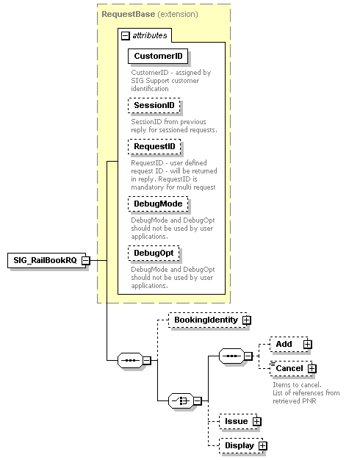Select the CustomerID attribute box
[x=158, y=56]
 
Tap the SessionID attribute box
[x=154, y=106]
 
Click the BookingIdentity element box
[x=206, y=320]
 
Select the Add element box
[x=284, y=344]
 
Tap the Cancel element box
[x=289, y=368]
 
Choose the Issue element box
[x=236, y=421]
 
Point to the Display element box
[x=240, y=445]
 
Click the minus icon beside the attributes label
[x=125, y=35]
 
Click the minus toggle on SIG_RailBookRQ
[x=86, y=260]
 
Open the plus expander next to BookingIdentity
[x=247, y=320]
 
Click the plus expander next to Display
[x=262, y=446]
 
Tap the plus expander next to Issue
[x=256, y=422]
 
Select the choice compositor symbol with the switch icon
[x=180, y=401]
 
